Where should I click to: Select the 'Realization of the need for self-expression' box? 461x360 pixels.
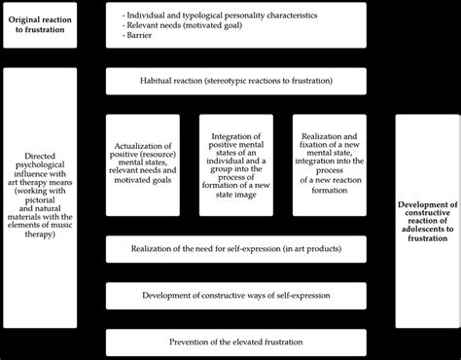(x=235, y=249)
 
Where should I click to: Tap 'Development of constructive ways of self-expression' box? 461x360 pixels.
(x=235, y=295)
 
